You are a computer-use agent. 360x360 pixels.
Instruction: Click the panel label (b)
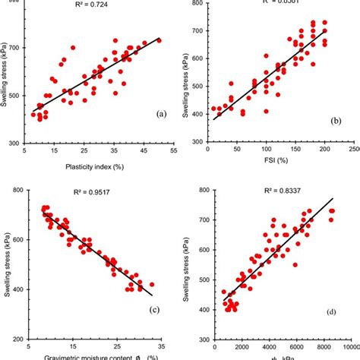click(x=338, y=121)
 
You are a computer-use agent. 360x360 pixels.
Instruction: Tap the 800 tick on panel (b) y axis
click(x=197, y=4)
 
